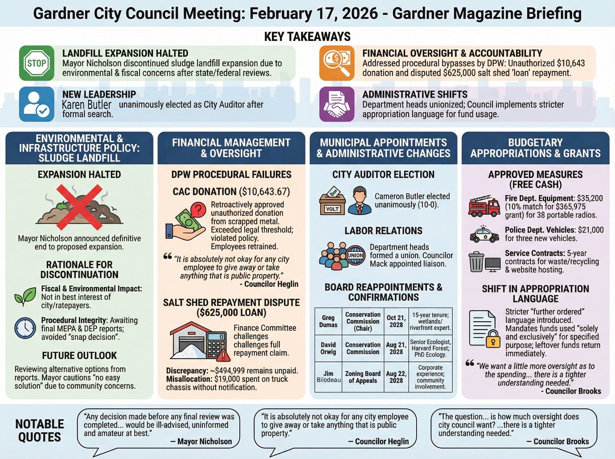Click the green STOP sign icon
[x=37, y=63]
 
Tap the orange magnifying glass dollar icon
[x=337, y=63]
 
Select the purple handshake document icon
[x=337, y=104]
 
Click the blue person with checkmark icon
[x=37, y=104]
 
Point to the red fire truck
[x=484, y=206]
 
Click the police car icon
[x=484, y=234]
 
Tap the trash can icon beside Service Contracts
[x=476, y=262]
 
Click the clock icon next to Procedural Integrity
[x=25, y=328]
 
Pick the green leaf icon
[x=25, y=296]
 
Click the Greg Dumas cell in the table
[x=328, y=321]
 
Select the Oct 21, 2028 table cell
[x=396, y=321]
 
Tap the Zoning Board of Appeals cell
[x=363, y=377]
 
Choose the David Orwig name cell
[x=328, y=348]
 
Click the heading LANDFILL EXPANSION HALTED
[x=125, y=53]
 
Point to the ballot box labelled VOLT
[x=332, y=203]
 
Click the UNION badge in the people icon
[x=355, y=256]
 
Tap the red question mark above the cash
[x=197, y=209]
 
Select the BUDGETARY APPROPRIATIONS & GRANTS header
[x=535, y=148]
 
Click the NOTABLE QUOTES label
[x=40, y=430]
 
